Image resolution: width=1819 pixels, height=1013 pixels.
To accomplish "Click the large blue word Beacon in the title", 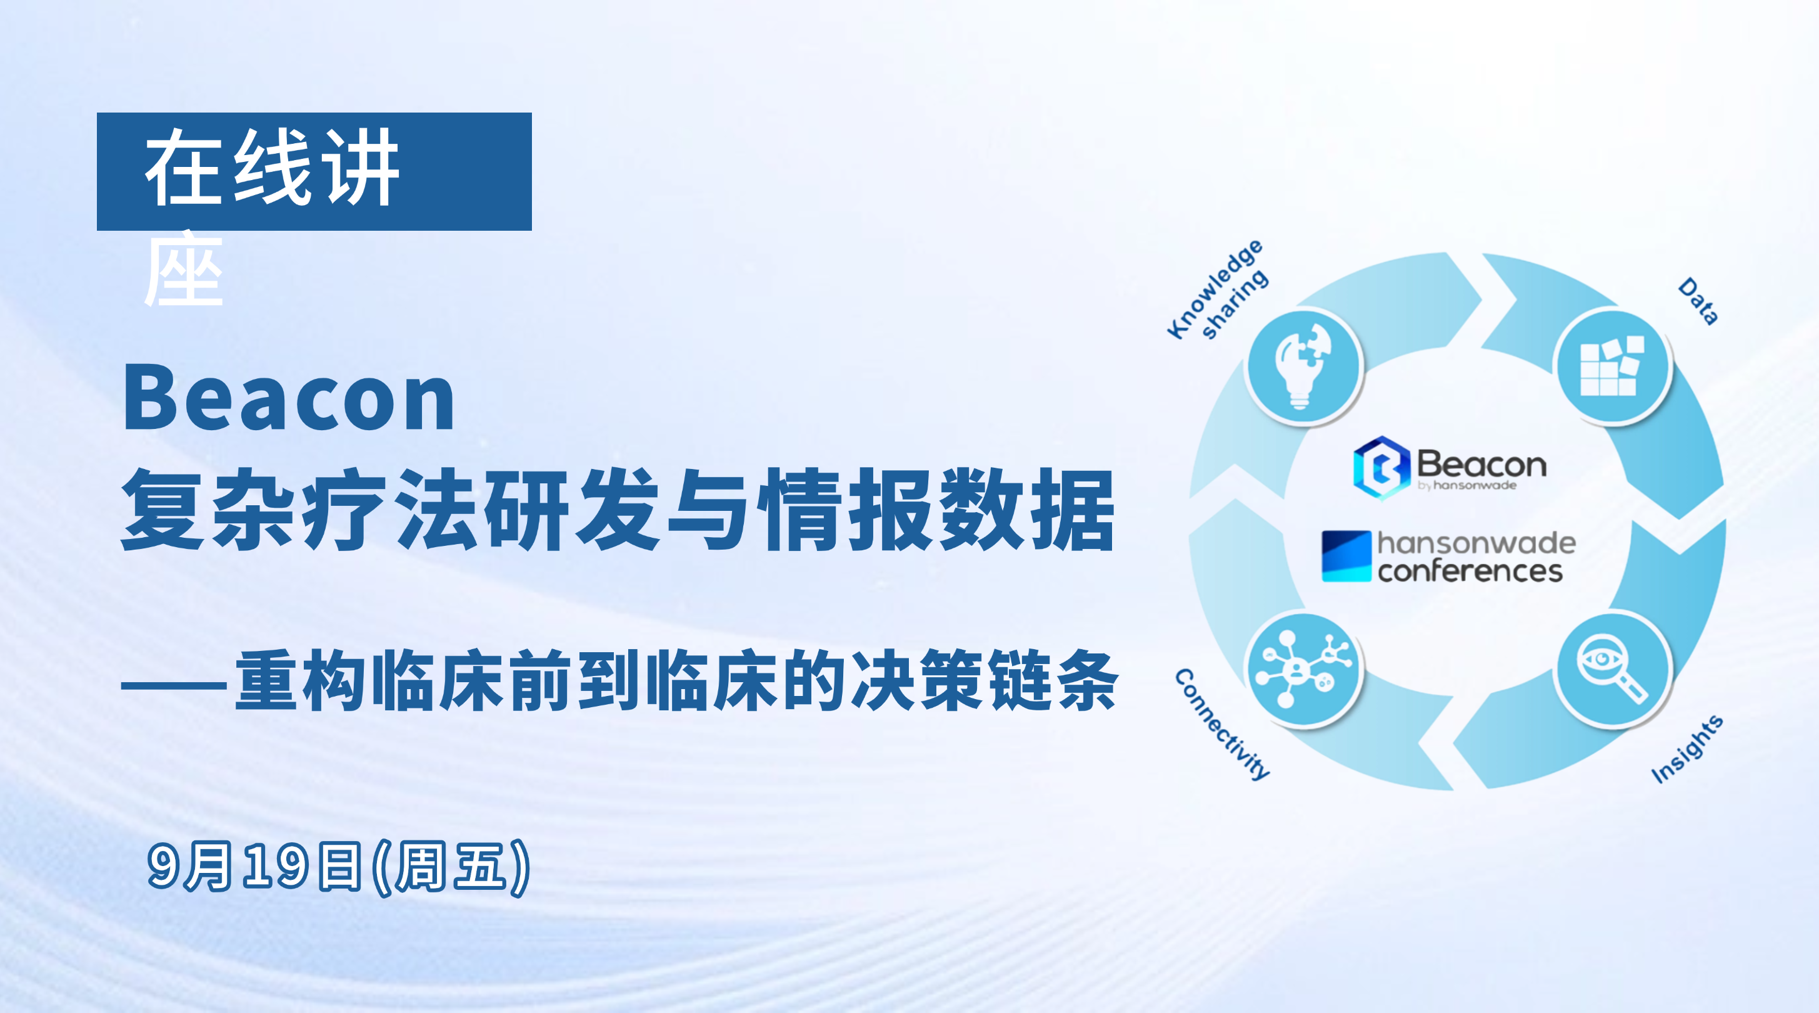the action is coord(289,398).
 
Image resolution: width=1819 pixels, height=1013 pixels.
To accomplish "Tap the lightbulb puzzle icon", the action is coord(1303,366).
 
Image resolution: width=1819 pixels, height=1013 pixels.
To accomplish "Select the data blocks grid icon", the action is coord(1613,366).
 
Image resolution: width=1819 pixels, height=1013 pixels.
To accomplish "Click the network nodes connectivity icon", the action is coord(1303,669).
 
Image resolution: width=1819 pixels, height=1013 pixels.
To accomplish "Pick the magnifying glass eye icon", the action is coord(1613,669).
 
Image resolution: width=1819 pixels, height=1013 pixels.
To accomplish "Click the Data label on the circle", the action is coord(1698,301).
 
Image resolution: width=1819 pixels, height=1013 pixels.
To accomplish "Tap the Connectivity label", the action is coord(1222,724).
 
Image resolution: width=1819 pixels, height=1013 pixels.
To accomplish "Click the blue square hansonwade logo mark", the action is coord(1346,556).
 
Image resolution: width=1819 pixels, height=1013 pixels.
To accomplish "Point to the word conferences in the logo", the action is coord(1471,572).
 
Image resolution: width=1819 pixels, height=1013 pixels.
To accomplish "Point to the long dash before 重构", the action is coord(174,685).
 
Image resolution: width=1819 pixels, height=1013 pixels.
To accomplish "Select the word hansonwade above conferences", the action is coord(1476,543).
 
